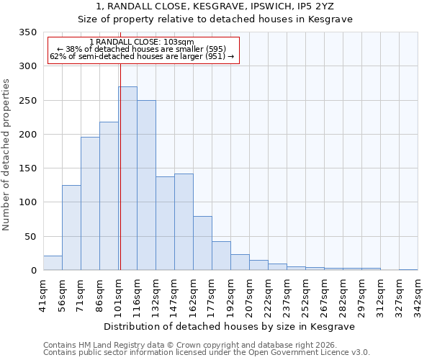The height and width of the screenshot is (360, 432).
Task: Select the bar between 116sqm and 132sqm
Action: point(146,185)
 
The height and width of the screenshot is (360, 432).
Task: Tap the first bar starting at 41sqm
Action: point(53,263)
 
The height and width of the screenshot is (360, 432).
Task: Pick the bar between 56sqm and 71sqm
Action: point(71,228)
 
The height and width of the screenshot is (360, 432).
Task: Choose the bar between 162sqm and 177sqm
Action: point(202,243)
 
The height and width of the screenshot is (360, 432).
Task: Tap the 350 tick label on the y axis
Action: point(27,32)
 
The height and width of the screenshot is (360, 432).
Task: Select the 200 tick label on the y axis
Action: point(27,135)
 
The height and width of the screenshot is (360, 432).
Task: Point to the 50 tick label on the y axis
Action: point(30,237)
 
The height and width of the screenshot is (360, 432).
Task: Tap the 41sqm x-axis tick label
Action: point(43,295)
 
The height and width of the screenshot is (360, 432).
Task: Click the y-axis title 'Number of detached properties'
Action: point(7,155)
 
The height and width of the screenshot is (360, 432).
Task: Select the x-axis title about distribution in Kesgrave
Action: point(230,326)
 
